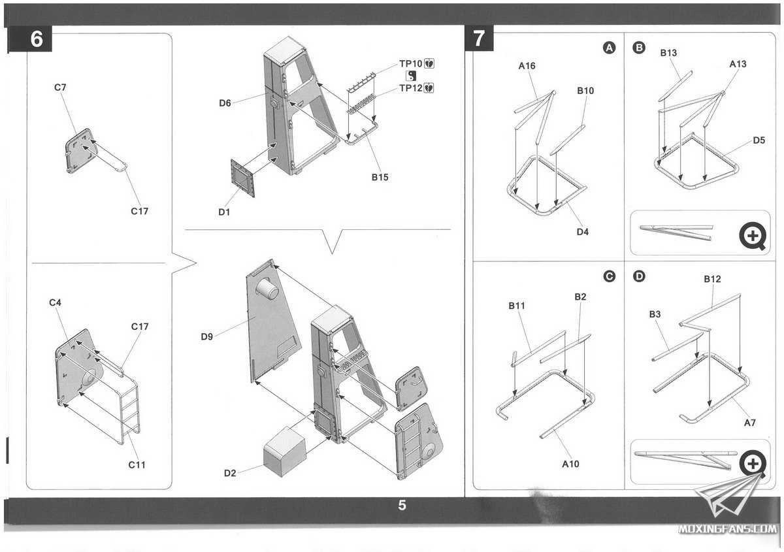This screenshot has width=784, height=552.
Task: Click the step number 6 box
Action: click(x=37, y=39)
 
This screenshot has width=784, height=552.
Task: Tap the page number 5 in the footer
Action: click(x=402, y=505)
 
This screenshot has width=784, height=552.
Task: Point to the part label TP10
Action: click(x=412, y=64)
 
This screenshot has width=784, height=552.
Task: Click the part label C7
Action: click(x=60, y=87)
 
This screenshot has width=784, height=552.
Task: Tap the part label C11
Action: click(x=137, y=464)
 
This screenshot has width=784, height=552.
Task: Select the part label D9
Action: click(x=207, y=337)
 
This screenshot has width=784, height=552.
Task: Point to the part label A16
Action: click(x=527, y=65)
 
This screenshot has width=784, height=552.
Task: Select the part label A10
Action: click(x=570, y=464)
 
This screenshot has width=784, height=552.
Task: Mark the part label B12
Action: click(x=712, y=279)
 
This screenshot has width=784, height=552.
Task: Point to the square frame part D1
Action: click(x=242, y=176)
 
